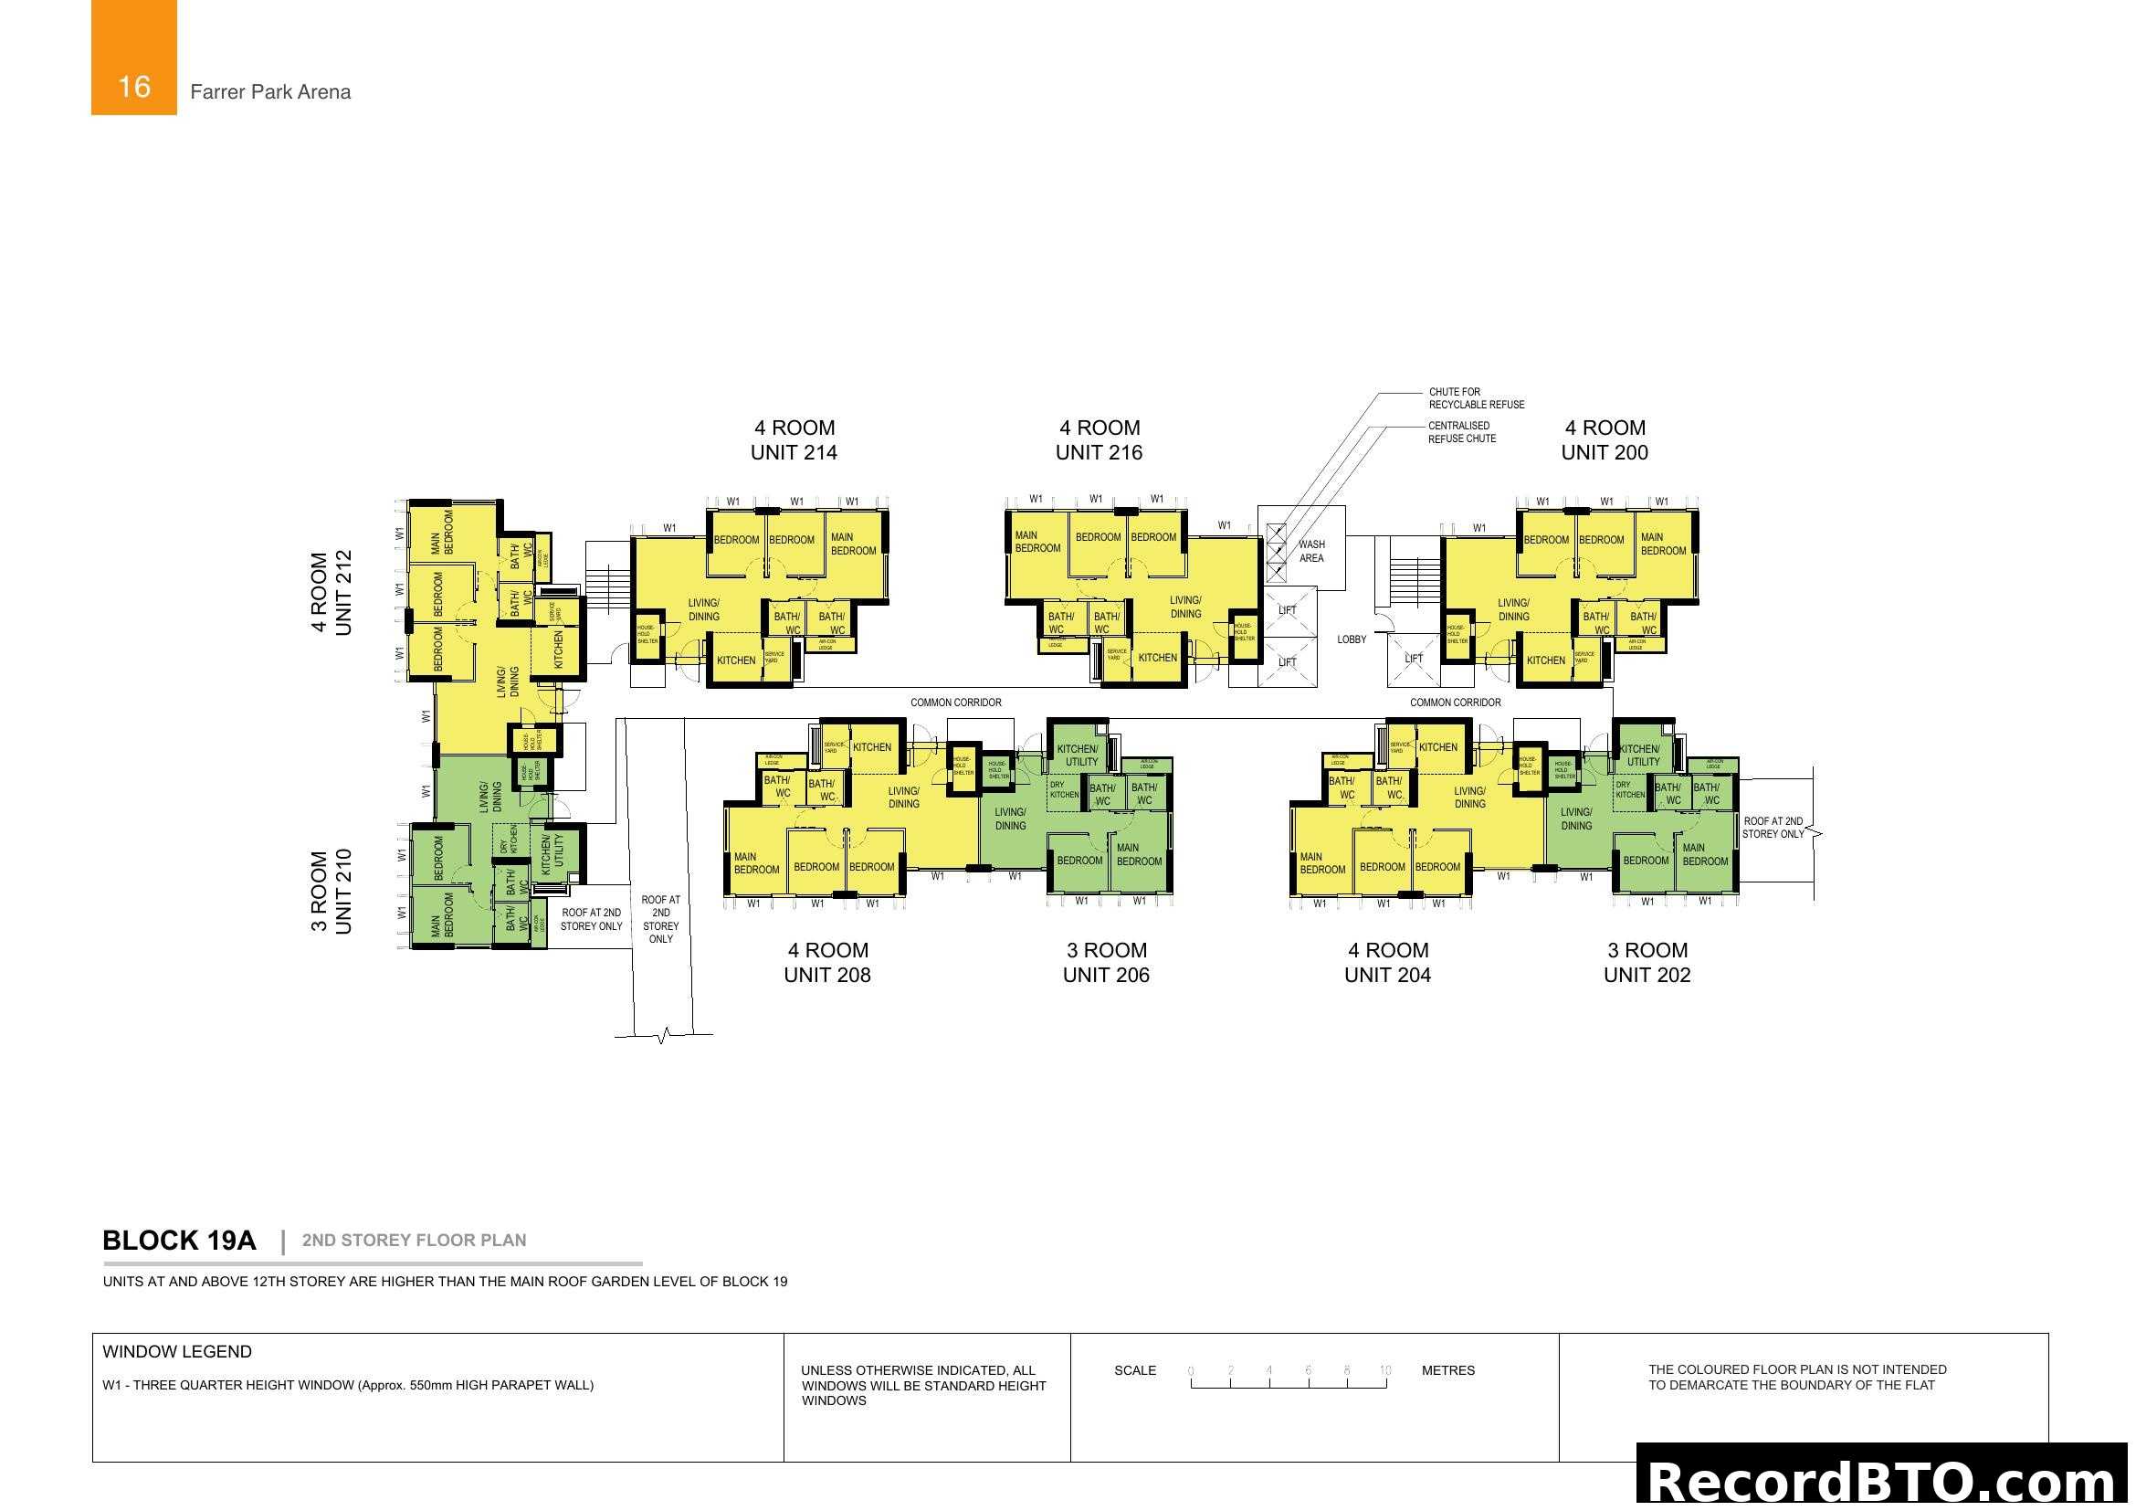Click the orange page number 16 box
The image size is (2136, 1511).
pos(133,58)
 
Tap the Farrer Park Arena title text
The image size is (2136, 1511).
pos(269,92)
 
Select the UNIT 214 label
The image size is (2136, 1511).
pos(794,452)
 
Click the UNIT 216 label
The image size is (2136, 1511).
pos(1099,452)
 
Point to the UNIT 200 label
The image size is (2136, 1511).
pos(1605,452)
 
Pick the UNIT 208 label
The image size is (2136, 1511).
pos(827,975)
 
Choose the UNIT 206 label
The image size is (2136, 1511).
pos(1106,975)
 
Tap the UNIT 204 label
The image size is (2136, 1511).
pos(1387,975)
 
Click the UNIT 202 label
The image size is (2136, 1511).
pos(1647,975)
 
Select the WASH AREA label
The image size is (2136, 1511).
pos(1311,552)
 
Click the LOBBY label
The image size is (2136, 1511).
pos(1352,640)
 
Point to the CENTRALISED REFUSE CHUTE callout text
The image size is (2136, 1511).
pos(1461,433)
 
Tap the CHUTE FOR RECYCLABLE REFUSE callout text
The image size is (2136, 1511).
pos(1477,398)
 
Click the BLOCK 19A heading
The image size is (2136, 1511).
pos(179,1242)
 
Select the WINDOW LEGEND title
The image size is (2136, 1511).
pos(177,1352)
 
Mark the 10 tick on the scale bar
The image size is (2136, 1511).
pos(1385,1370)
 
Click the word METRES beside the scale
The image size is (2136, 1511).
pos(1447,1370)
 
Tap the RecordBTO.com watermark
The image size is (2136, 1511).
pos(1885,1482)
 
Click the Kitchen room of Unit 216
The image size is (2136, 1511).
pos(1157,658)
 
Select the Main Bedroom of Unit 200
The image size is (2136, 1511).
pos(1662,544)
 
